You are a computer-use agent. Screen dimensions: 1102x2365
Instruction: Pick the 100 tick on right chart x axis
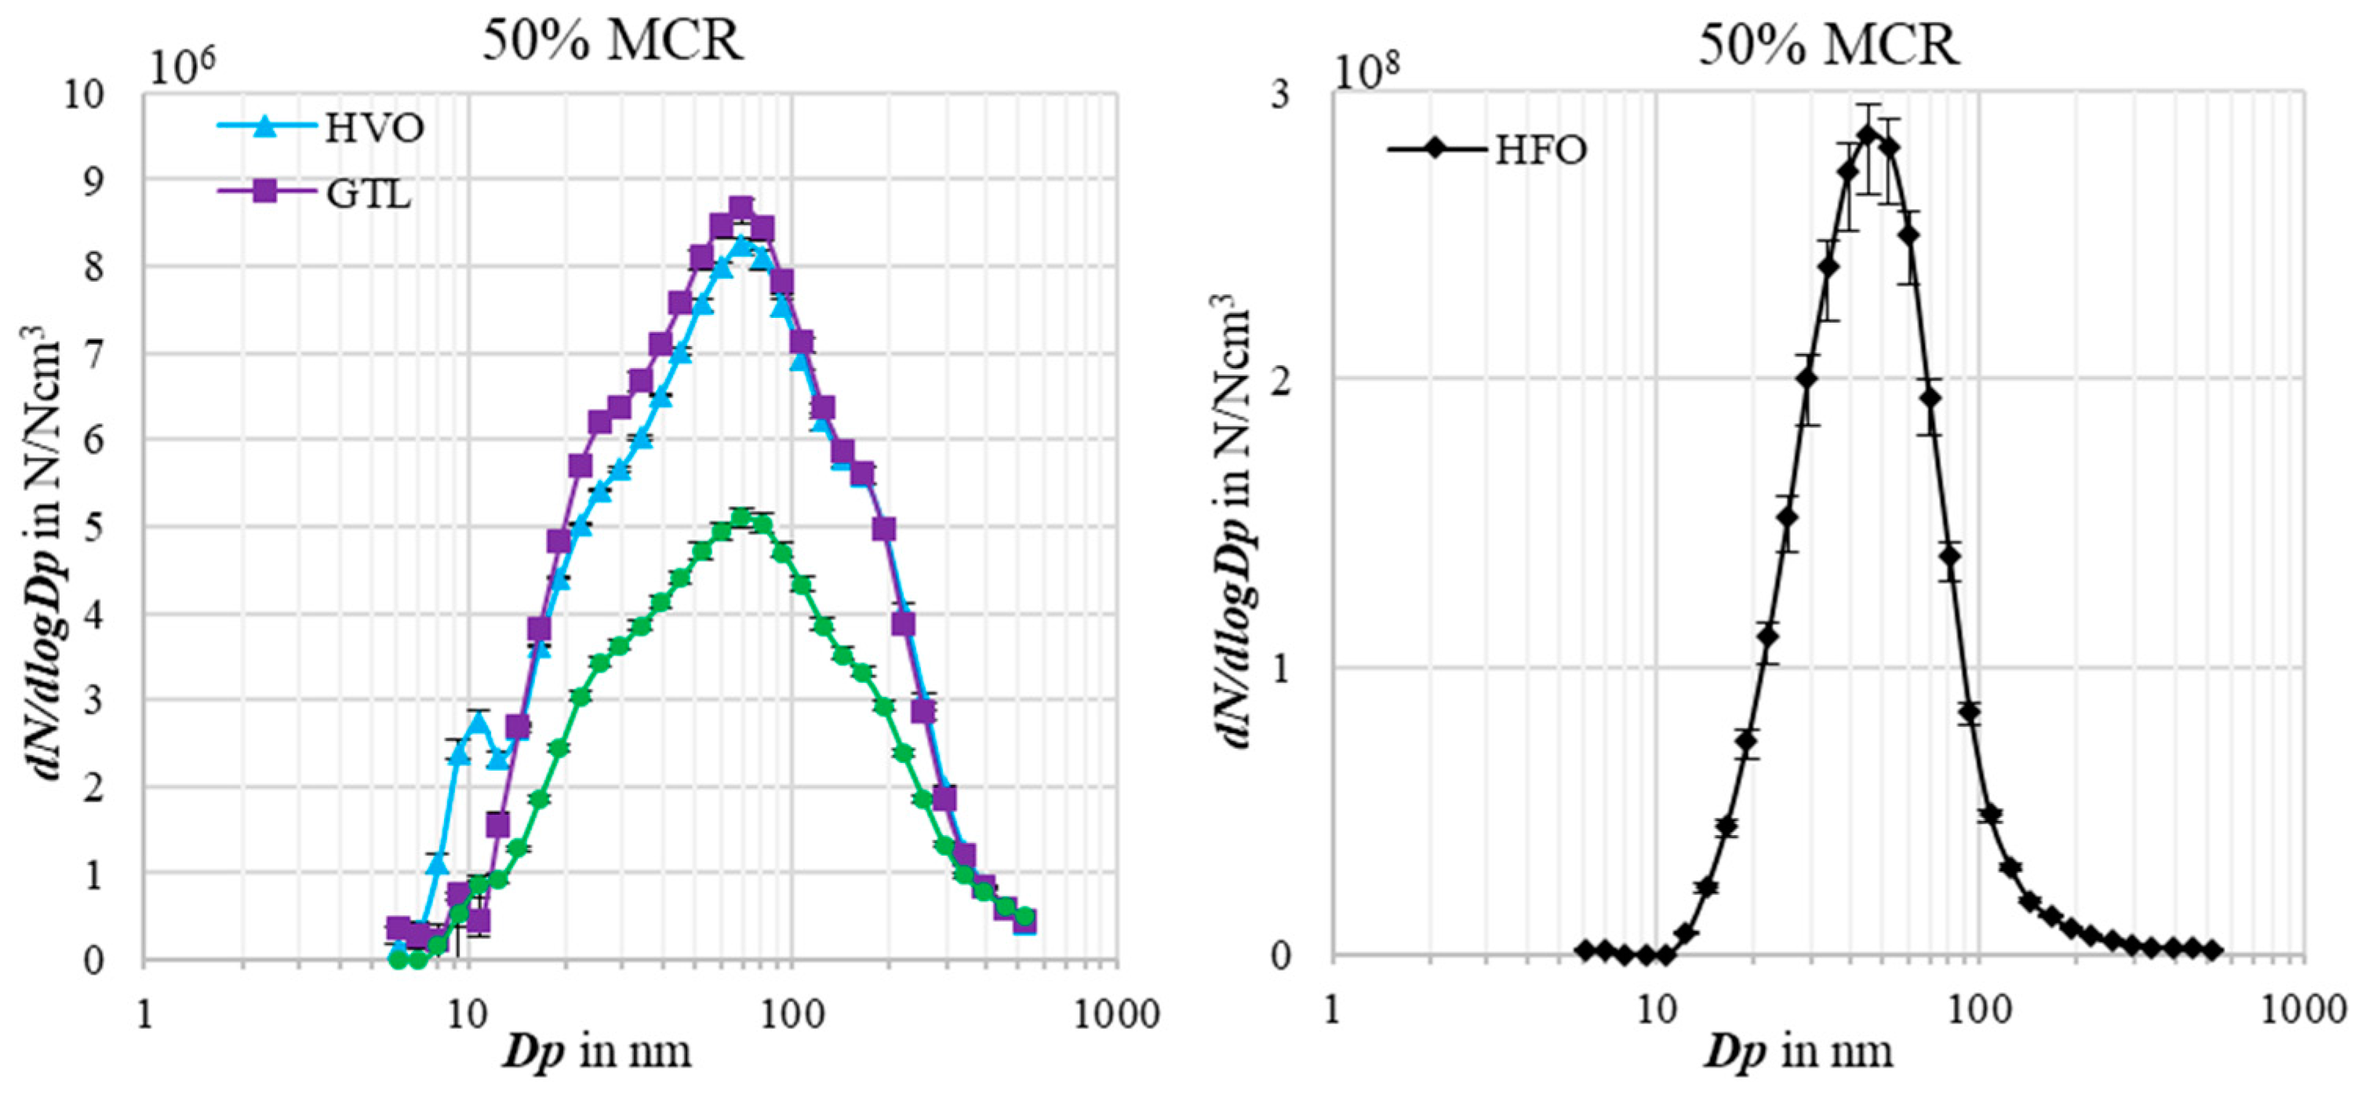(1978, 1010)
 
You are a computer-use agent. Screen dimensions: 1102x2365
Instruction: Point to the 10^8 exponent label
(1366, 71)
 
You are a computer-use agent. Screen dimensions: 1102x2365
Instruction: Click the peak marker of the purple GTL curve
(742, 206)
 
